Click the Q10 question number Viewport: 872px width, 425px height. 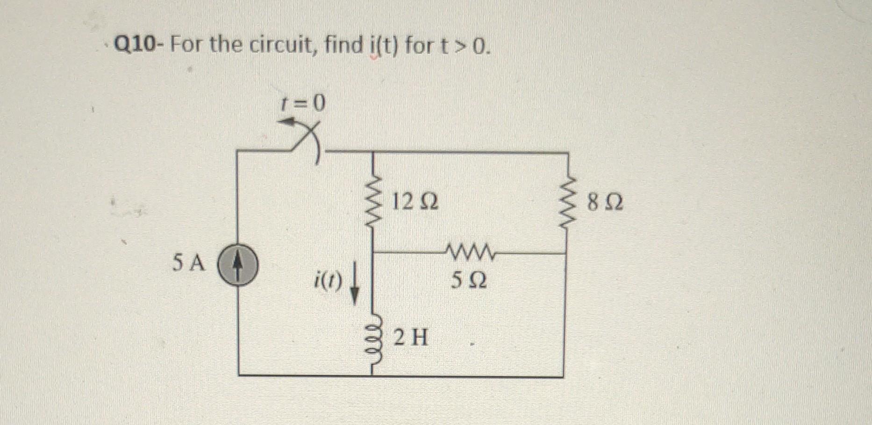coord(136,45)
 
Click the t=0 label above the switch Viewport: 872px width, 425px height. coord(302,104)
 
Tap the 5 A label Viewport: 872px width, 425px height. coord(189,263)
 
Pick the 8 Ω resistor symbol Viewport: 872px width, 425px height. coord(566,203)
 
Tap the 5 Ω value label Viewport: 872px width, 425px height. coord(469,281)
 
